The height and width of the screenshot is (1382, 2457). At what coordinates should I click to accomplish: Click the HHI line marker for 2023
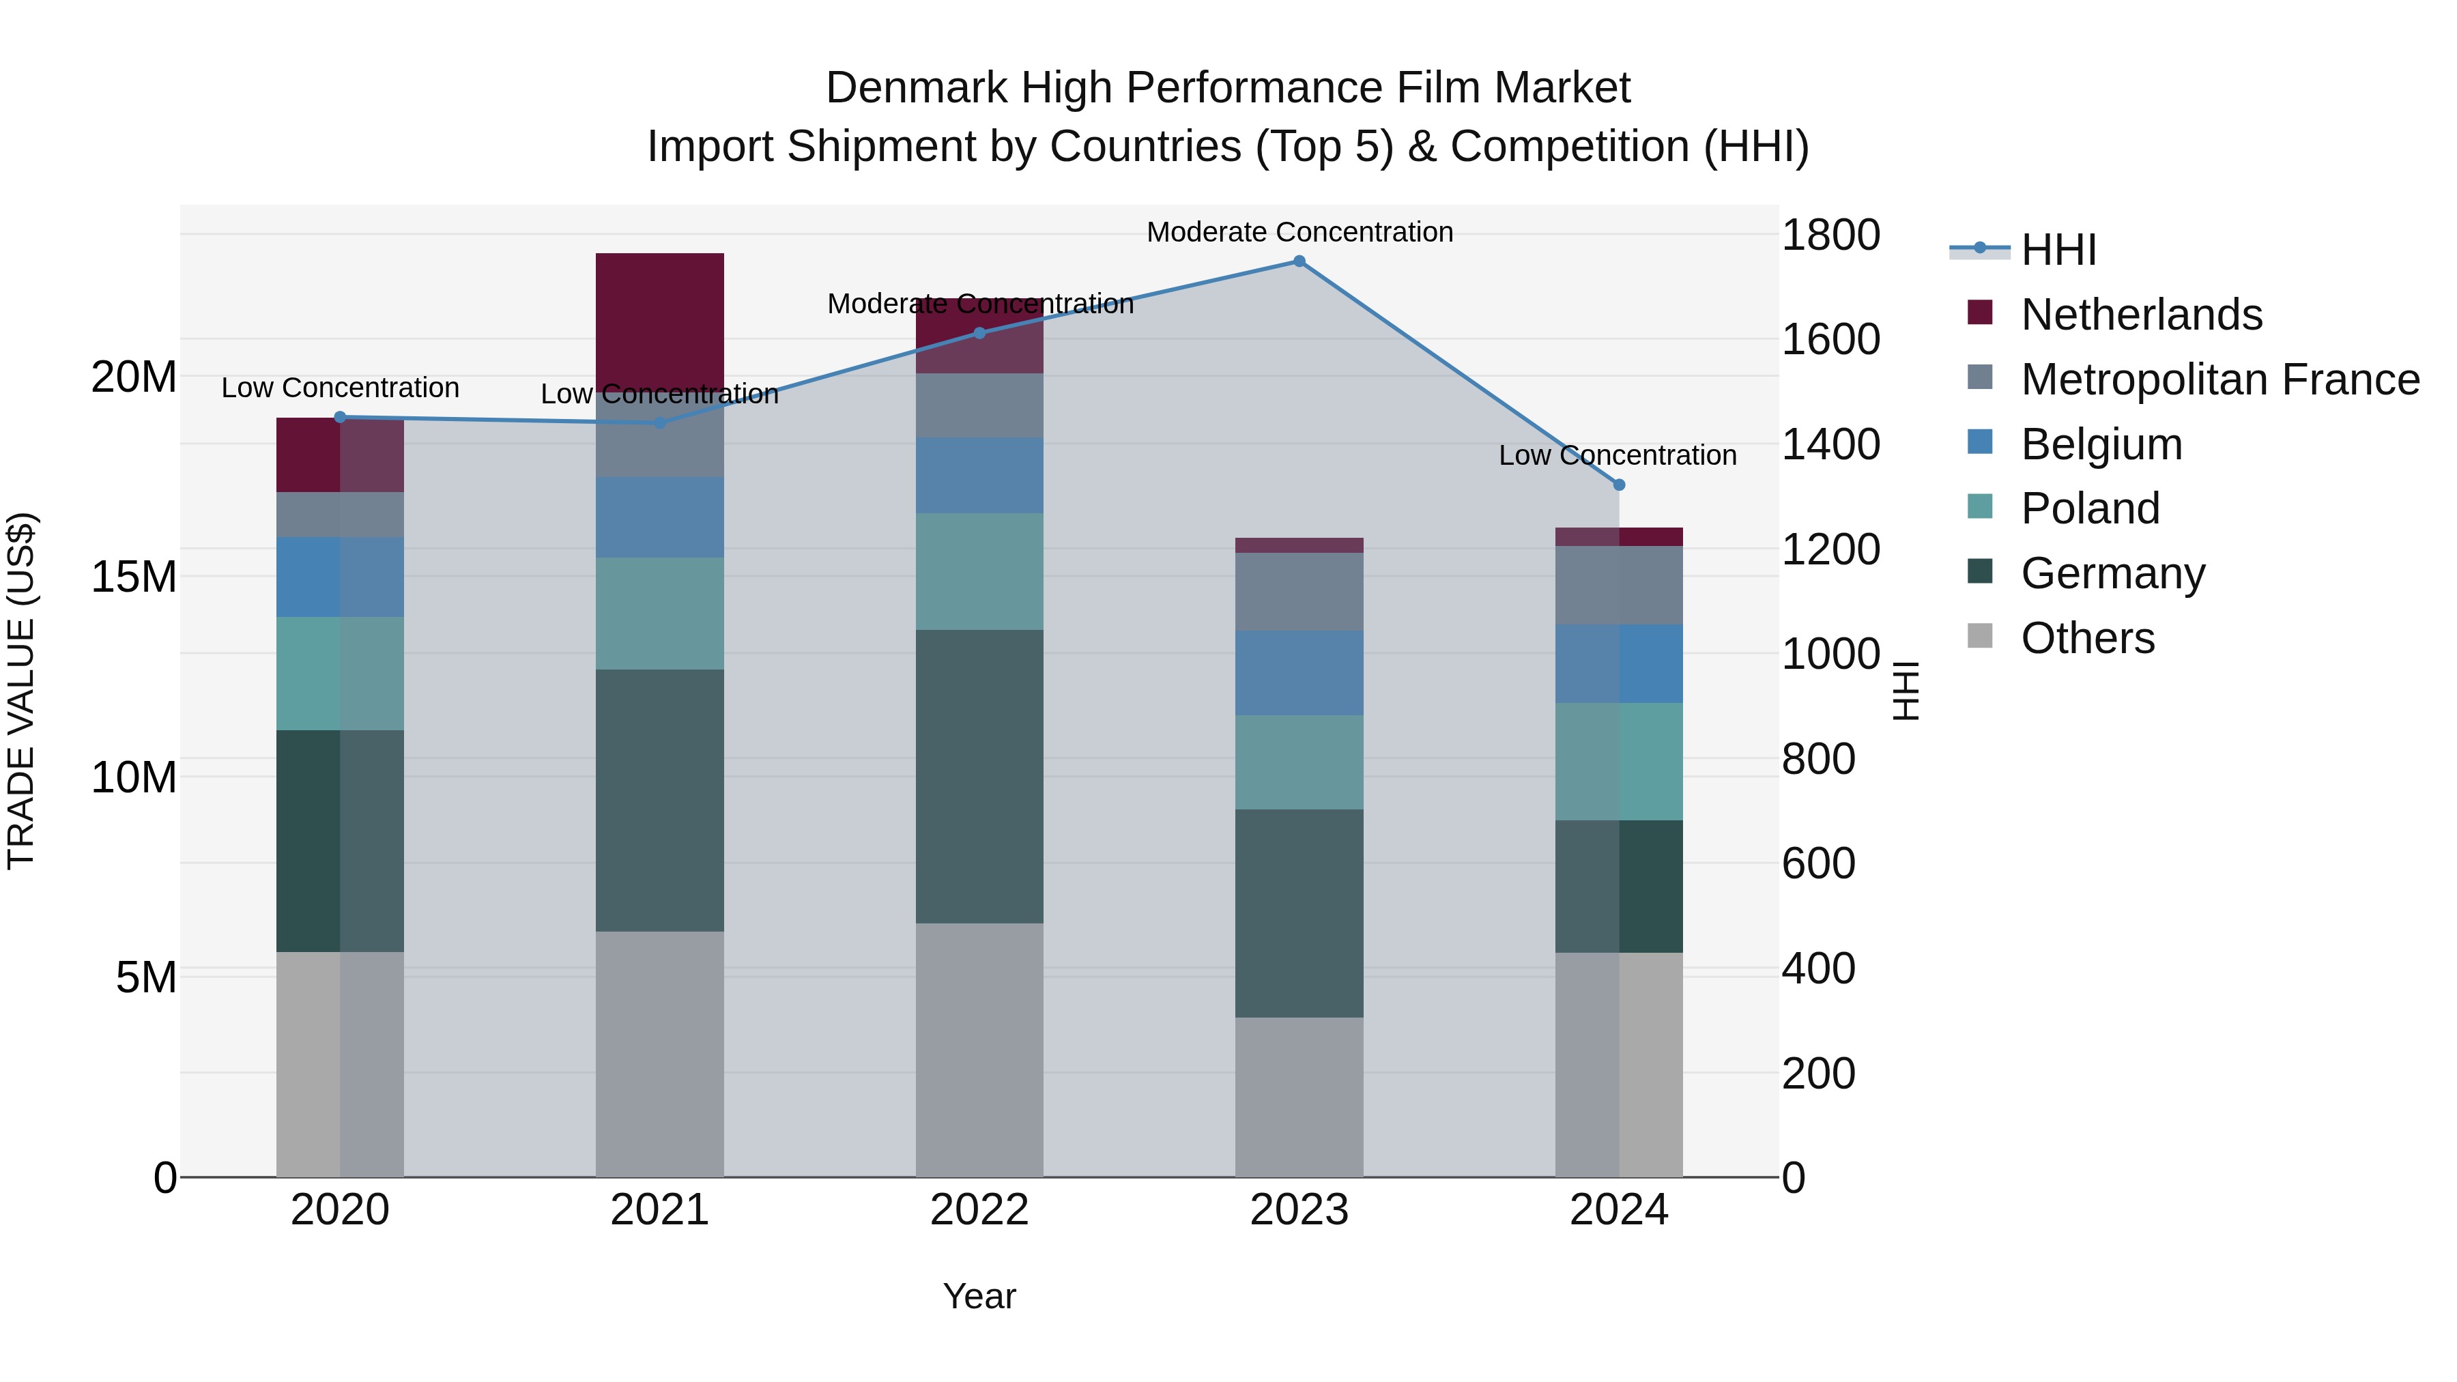pyautogui.click(x=1299, y=261)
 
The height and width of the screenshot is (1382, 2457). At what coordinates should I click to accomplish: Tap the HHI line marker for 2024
pyautogui.click(x=1619, y=485)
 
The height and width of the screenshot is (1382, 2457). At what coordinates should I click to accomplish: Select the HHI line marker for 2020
pyautogui.click(x=340, y=417)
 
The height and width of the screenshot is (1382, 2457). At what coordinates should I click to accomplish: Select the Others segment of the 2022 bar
pyautogui.click(x=979, y=1049)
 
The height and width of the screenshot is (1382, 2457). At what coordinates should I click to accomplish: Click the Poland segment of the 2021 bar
pyautogui.click(x=659, y=614)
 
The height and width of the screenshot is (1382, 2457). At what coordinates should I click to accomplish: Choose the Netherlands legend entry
pyautogui.click(x=2140, y=315)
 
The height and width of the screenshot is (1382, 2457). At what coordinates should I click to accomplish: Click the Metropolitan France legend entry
pyautogui.click(x=2219, y=379)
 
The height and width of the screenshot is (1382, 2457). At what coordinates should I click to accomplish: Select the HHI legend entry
pyautogui.click(x=2058, y=250)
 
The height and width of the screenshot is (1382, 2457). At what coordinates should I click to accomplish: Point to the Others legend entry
pyautogui.click(x=2087, y=638)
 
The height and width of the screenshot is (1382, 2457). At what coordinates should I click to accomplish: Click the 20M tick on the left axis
pyautogui.click(x=134, y=377)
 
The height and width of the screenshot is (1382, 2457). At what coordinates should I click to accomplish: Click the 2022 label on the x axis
pyautogui.click(x=979, y=1210)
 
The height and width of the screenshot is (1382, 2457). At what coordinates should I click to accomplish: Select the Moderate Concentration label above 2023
pyautogui.click(x=1299, y=232)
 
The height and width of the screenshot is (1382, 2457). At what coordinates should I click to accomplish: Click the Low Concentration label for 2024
pyautogui.click(x=1617, y=455)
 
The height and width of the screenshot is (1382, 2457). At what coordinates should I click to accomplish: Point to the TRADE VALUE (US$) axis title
pyautogui.click(x=21, y=691)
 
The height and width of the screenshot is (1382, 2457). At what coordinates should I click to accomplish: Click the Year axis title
pyautogui.click(x=979, y=1296)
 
